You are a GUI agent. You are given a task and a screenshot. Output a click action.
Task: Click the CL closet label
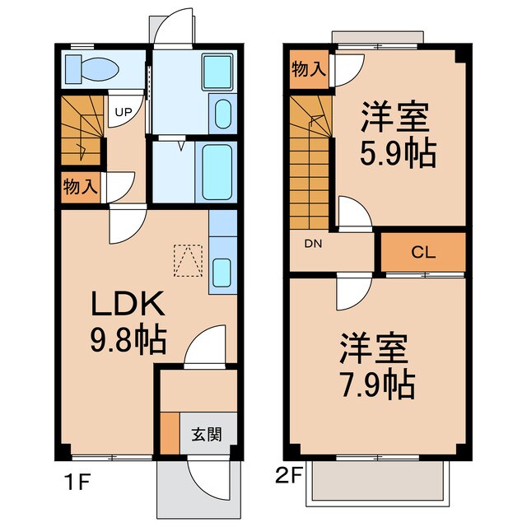coord(423,252)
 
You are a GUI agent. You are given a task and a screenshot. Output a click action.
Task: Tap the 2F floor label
coord(287,476)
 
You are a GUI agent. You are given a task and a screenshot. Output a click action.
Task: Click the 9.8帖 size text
coord(128,337)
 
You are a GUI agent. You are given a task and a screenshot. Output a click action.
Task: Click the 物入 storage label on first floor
coord(79,186)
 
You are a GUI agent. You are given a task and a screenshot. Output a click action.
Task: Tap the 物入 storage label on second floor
coord(308,69)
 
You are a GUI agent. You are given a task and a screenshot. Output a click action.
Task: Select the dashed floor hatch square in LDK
coord(187,261)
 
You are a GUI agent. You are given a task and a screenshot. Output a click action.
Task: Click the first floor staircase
coord(81,132)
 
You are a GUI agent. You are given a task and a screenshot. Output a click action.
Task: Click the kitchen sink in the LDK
coord(222,271)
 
